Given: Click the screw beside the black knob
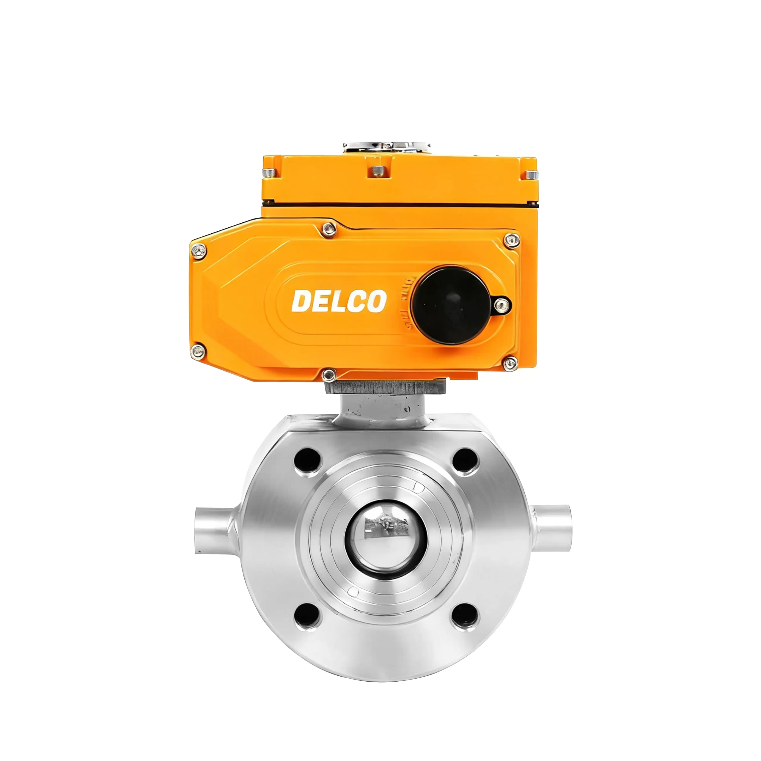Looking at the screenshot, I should click(x=501, y=304).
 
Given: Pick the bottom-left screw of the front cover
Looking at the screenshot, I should click(x=198, y=351).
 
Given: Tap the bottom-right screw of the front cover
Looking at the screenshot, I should click(x=510, y=363).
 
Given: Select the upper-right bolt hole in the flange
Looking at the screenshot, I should click(x=465, y=460).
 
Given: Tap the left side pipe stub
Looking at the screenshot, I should click(x=213, y=531).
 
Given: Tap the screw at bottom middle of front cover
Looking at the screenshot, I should click(x=328, y=375).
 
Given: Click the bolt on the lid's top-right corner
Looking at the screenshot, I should click(x=532, y=174).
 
